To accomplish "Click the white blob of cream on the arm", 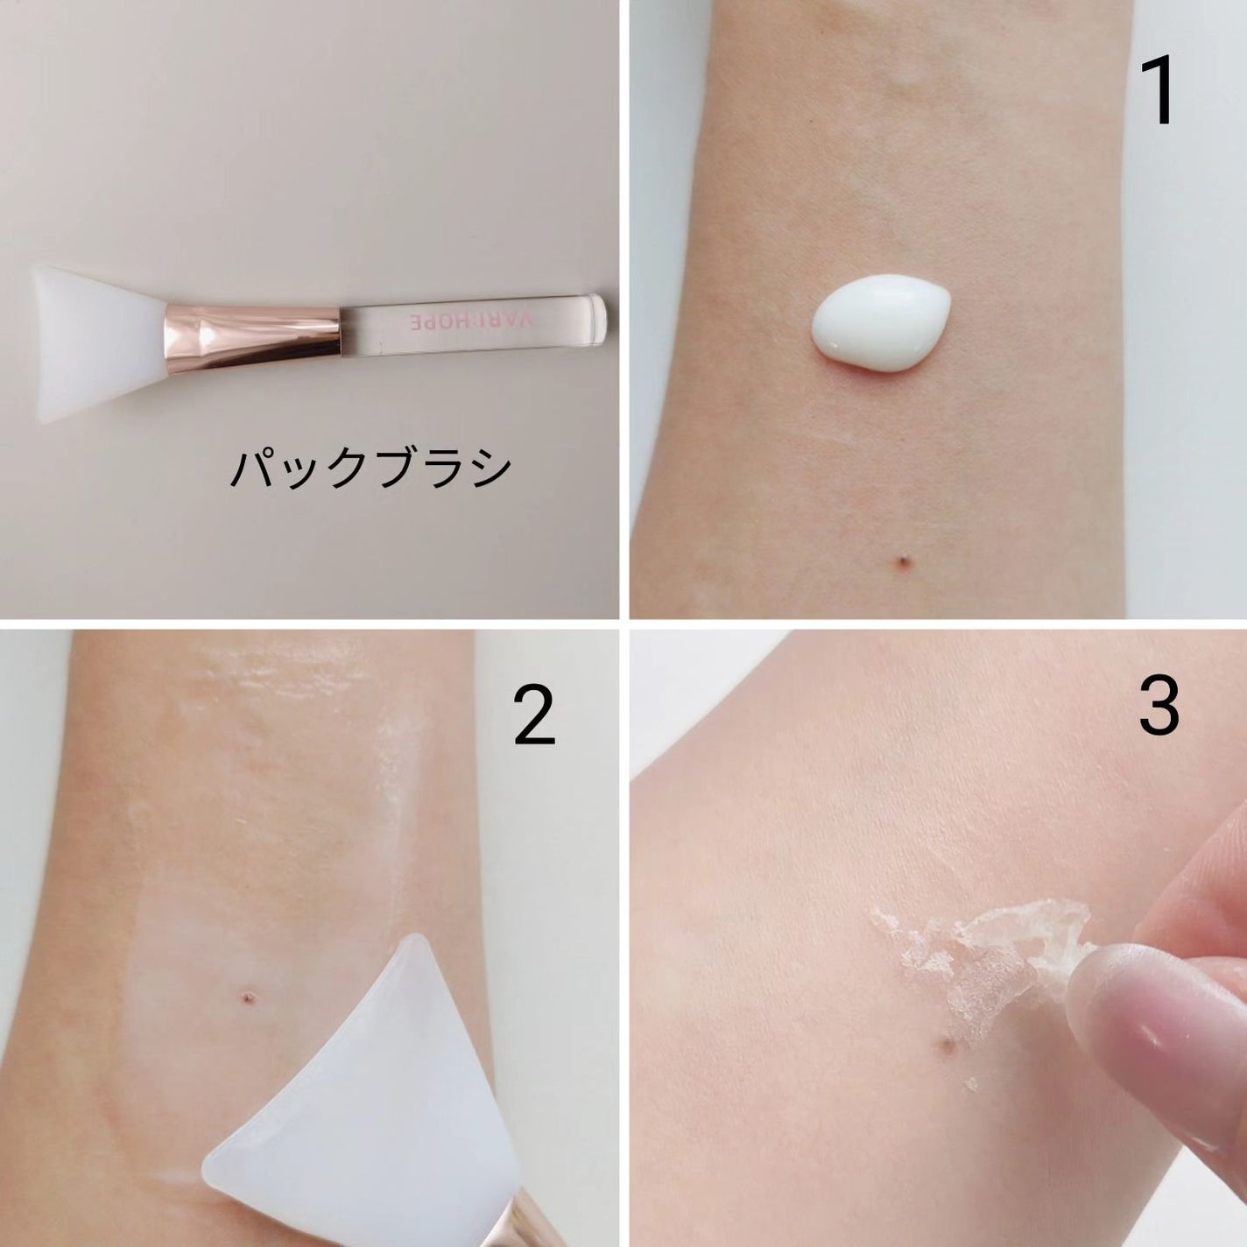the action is tap(881, 322).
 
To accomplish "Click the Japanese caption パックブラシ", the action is tap(371, 469).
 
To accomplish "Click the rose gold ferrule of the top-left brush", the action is tap(252, 339).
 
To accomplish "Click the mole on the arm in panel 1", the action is tap(902, 559).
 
